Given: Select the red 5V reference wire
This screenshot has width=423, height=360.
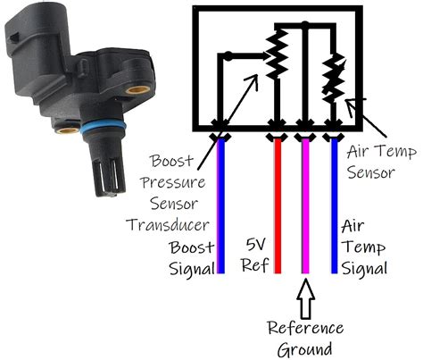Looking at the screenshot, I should click(278, 205).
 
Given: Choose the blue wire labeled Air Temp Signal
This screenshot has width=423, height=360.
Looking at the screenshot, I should click(335, 205).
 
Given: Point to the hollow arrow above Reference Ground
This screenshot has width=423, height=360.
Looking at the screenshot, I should click(305, 296).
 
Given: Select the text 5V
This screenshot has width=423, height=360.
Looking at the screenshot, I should click(256, 243).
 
